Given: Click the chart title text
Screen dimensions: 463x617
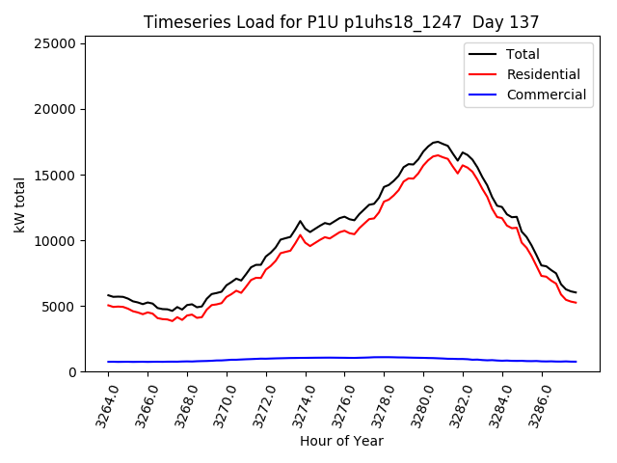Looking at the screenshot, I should [x=341, y=22].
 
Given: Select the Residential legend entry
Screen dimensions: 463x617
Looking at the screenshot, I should [x=544, y=74].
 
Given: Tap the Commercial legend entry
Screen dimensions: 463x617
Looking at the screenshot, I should [x=546, y=95].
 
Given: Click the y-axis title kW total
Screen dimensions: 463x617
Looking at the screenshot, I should [x=19, y=204].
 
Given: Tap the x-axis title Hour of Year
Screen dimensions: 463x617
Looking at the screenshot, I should [x=341, y=441].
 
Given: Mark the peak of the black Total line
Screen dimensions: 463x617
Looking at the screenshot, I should [x=438, y=142].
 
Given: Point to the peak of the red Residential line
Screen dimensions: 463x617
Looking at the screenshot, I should [x=438, y=155].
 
